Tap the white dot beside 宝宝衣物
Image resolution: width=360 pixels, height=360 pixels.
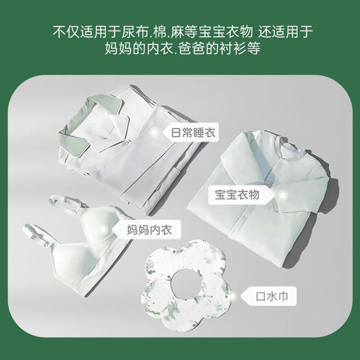coord(283,195)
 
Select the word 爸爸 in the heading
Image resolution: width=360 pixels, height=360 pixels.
coord(198,48)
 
